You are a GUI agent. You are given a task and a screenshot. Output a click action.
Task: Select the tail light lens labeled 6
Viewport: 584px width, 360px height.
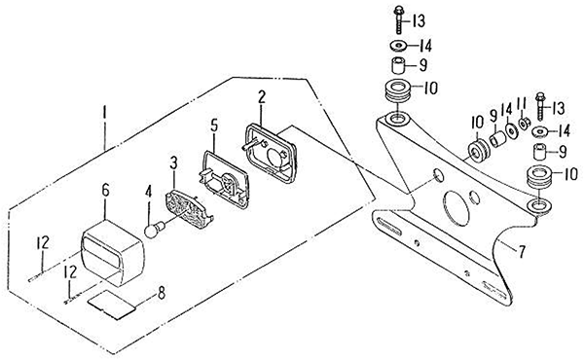coord(113,253)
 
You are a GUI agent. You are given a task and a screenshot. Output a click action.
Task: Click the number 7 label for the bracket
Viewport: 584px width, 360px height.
coord(522,252)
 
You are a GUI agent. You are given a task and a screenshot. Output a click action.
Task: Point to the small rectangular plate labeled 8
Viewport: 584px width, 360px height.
coord(111,305)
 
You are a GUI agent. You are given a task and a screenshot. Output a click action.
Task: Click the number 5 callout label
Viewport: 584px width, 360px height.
coord(214,126)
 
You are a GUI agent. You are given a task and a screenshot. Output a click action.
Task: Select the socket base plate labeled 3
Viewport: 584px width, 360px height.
coord(189,208)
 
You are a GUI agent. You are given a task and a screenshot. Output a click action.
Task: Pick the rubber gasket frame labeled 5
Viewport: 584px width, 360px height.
coord(225,179)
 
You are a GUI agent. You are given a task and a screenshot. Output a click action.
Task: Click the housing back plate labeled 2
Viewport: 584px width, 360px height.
coord(271,154)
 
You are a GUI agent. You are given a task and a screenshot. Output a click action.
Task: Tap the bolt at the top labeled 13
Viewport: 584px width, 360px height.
coord(398,19)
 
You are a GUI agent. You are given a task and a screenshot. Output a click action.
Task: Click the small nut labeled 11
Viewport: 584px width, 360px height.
coord(524,124)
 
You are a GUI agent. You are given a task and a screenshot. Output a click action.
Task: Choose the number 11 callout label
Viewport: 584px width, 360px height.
coord(521,106)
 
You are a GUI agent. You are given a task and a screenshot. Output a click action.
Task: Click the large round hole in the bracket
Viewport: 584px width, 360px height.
coord(456,208)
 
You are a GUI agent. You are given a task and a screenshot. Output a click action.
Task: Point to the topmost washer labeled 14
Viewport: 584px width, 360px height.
coord(399,46)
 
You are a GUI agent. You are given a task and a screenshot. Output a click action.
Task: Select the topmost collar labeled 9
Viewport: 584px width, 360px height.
coord(398,65)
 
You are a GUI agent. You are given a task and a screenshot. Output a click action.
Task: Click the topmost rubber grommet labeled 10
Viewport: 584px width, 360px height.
coord(398,90)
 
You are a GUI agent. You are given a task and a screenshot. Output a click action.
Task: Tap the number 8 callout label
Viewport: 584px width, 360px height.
coord(162,293)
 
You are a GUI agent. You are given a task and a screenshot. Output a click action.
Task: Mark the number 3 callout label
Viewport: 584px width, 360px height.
coord(173,163)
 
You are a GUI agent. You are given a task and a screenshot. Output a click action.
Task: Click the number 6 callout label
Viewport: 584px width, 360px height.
coord(105,191)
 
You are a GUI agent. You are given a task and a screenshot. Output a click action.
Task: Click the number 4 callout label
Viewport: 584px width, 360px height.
coord(148,192)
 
